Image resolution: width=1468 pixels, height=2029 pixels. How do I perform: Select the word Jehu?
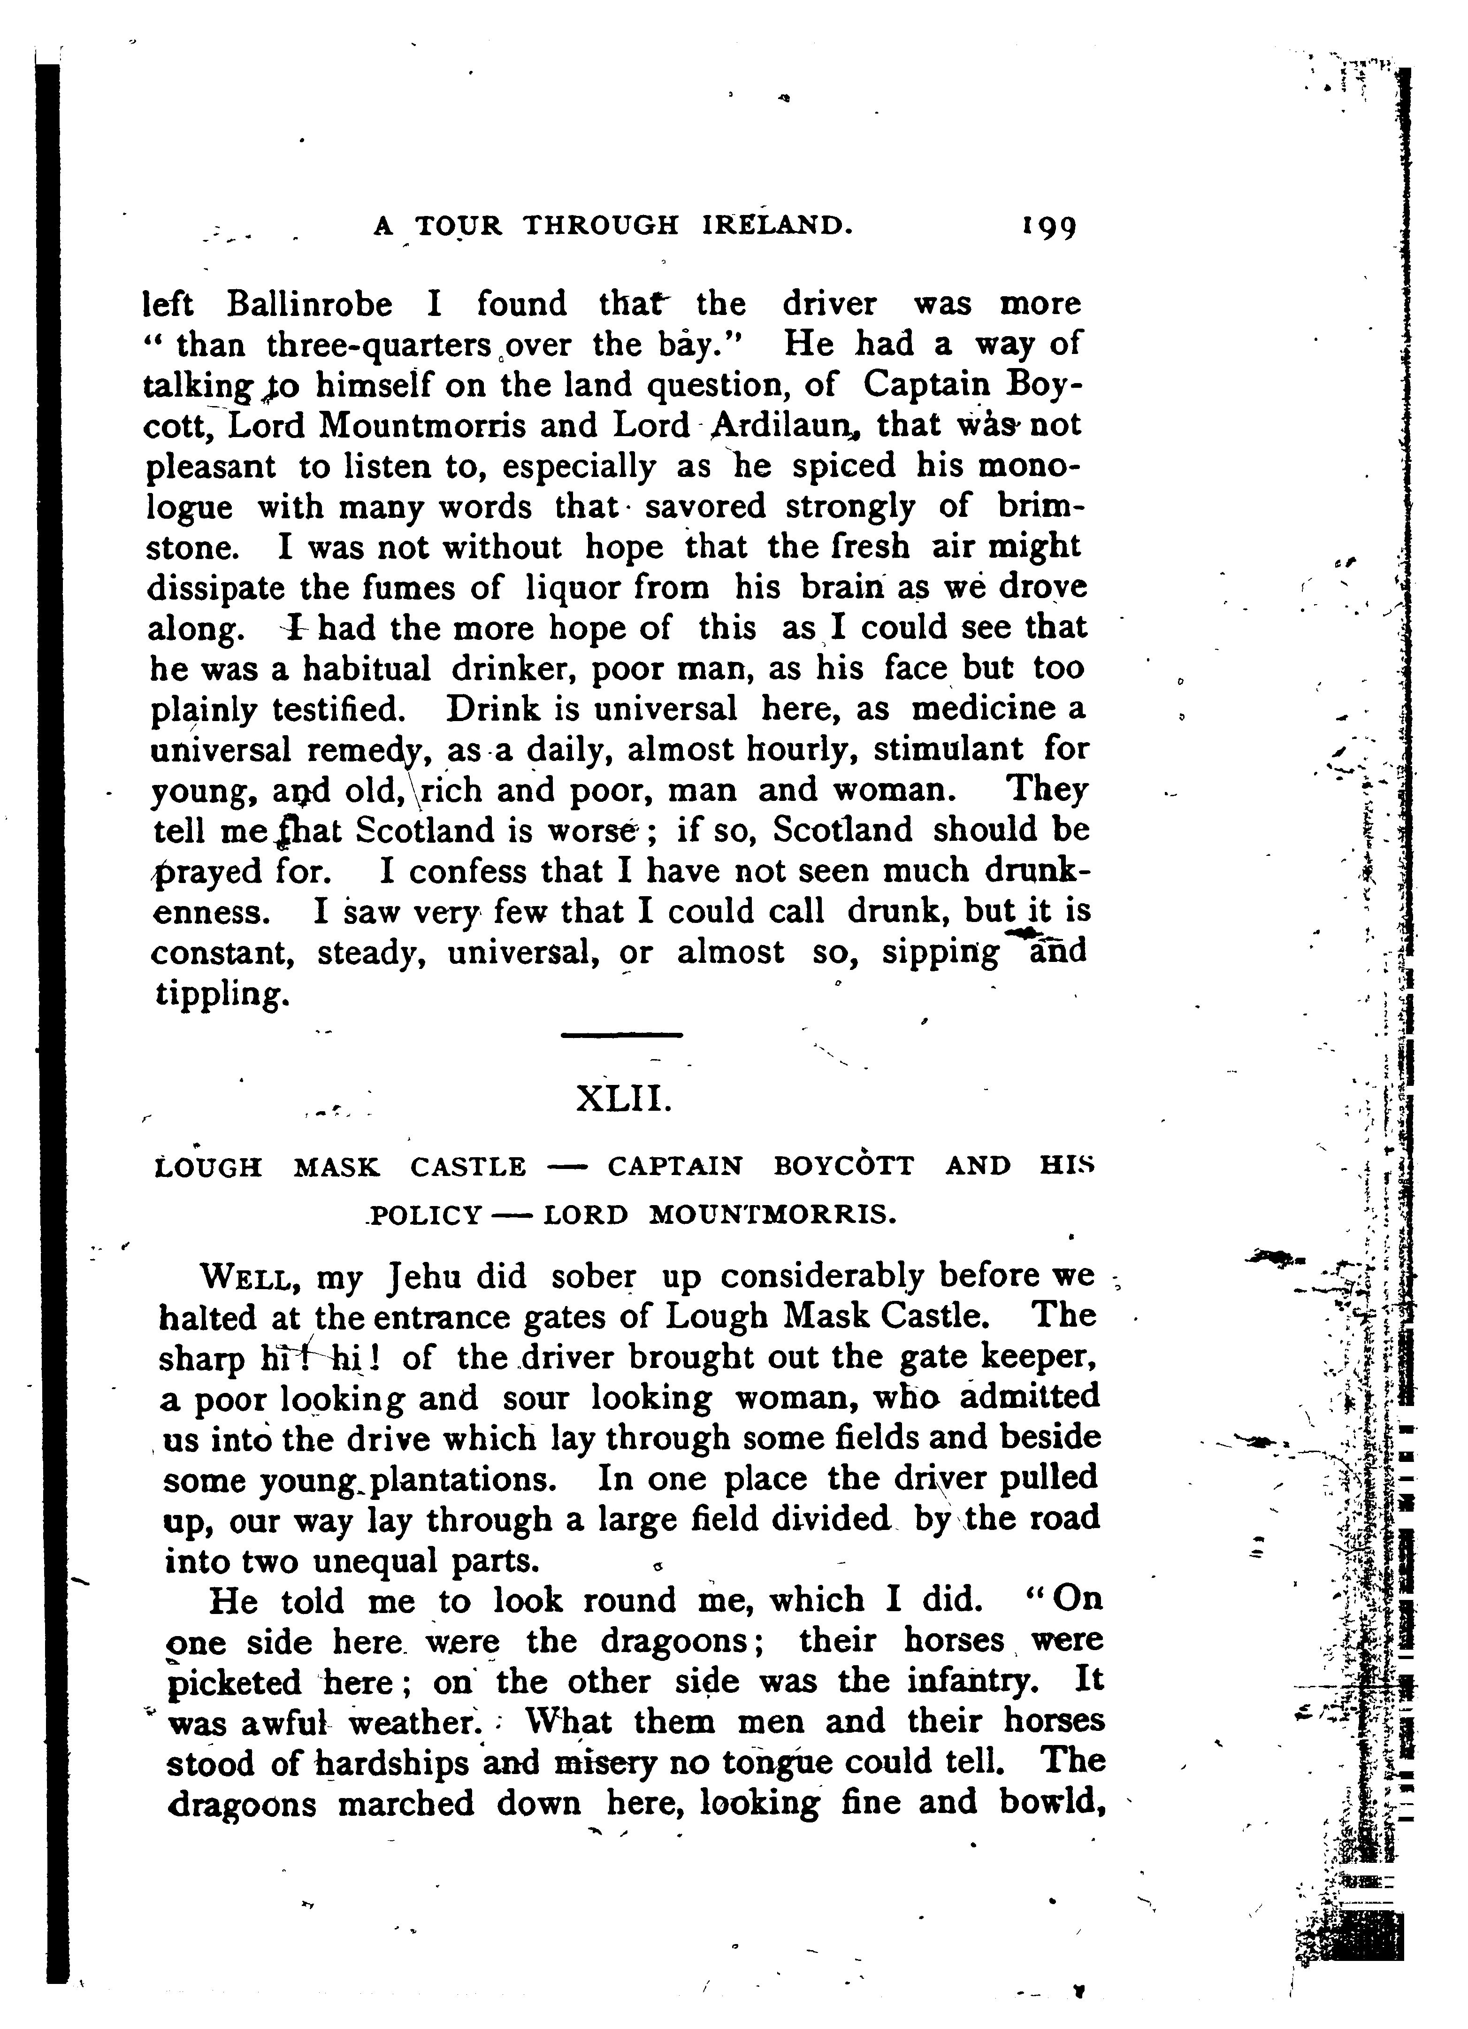pos(418,1277)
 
